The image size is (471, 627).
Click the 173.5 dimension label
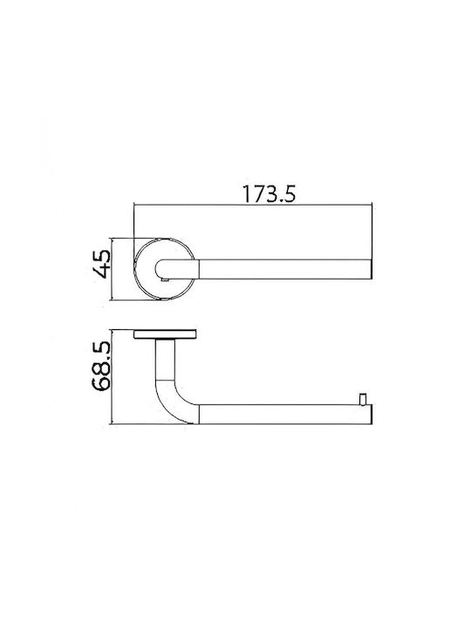coord(269,194)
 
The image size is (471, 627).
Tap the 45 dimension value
coord(101,264)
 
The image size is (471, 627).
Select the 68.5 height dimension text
coord(101,366)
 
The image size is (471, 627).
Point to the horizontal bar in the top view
coord(285,269)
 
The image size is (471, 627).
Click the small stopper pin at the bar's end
coord(363,399)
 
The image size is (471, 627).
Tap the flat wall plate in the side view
coord(165,334)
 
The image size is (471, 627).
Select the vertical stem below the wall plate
coord(165,359)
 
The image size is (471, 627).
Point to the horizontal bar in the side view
coord(285,415)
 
